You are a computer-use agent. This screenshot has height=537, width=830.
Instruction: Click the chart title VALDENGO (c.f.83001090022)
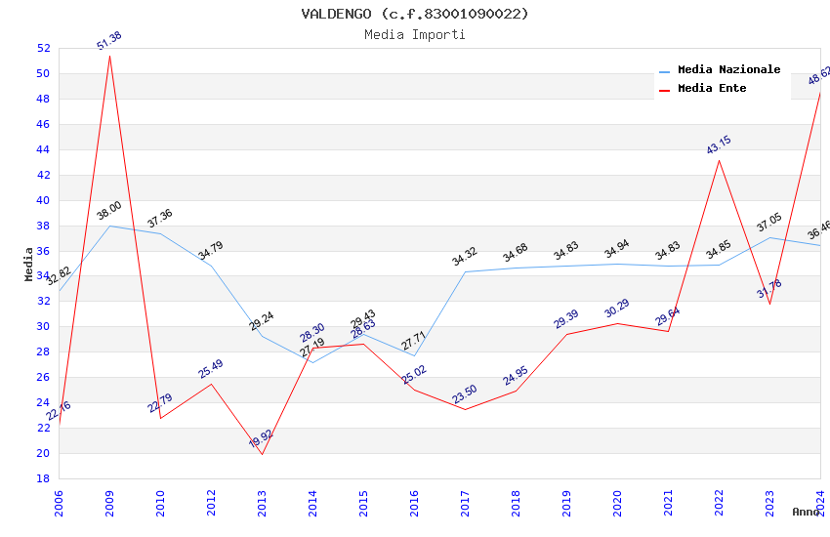pos(415,14)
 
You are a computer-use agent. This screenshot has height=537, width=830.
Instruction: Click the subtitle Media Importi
pos(415,35)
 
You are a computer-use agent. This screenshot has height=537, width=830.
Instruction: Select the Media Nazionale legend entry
pos(728,70)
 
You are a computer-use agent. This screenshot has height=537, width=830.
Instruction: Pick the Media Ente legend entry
pos(712,89)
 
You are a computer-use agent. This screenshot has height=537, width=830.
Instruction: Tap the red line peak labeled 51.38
pos(109,56)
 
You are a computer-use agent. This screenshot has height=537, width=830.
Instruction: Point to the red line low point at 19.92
pos(262,453)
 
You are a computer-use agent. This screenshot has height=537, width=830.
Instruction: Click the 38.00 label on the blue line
pos(109,211)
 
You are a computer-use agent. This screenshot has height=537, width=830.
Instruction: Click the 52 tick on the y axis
pos(43,49)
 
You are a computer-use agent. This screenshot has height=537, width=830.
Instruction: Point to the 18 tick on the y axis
pos(43,479)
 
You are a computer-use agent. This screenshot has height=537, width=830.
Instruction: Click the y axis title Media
pos(29,264)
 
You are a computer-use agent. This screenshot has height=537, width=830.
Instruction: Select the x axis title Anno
pos(806,512)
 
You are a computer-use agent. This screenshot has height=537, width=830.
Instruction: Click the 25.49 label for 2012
pos(211,369)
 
